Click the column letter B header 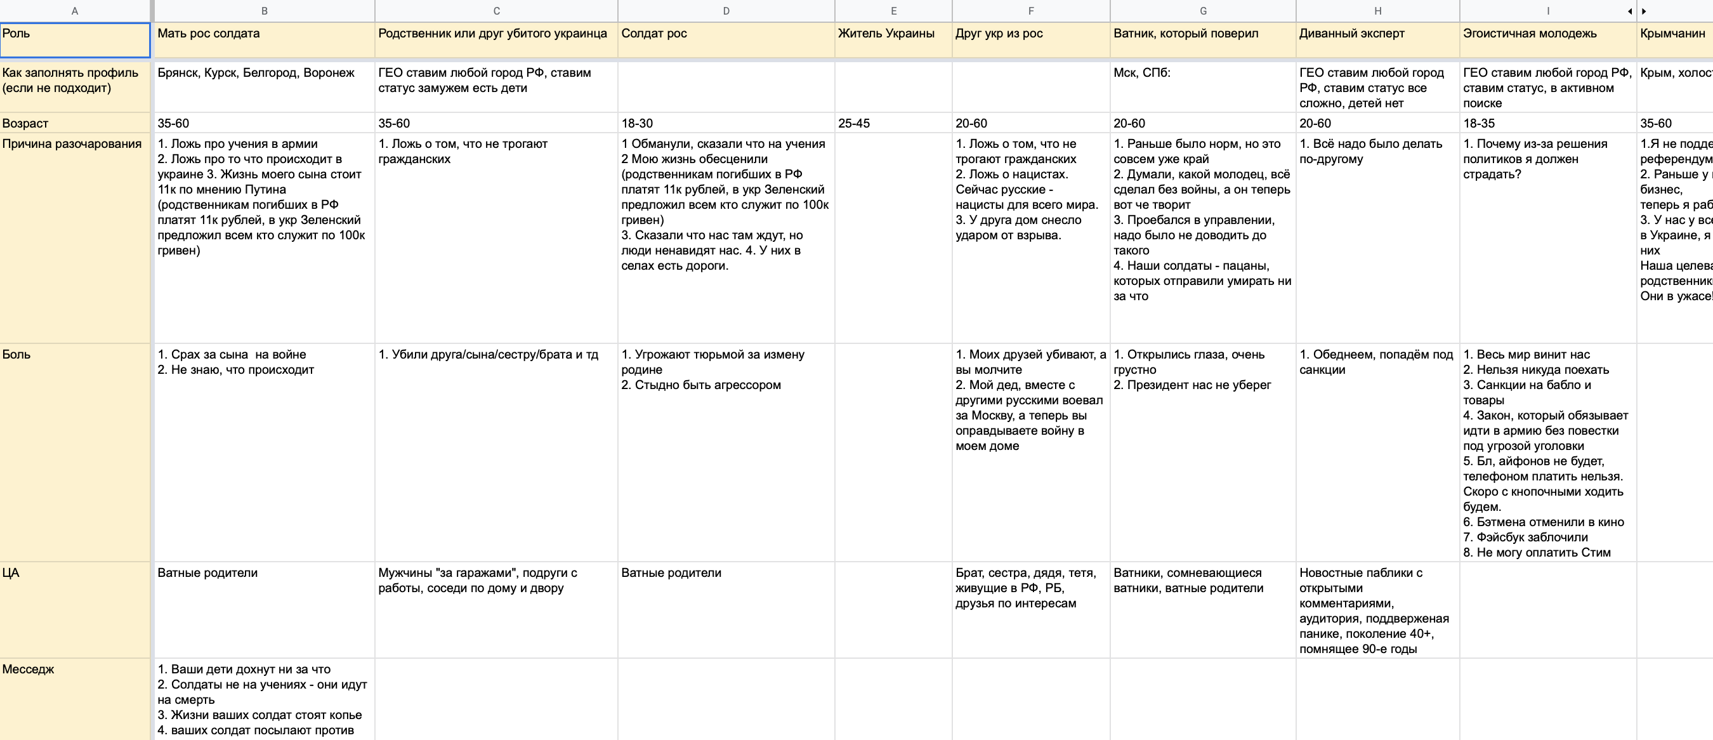[264, 11]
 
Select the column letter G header [1202, 11]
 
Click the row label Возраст [25, 123]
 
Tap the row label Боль [16, 355]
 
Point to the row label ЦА [11, 573]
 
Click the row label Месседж [28, 670]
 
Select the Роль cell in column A [74, 40]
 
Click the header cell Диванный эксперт [1352, 33]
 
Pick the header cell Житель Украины [886, 33]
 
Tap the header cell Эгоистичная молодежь [1530, 33]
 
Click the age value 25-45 [854, 123]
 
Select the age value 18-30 [637, 123]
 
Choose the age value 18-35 [1479, 123]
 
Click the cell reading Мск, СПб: [1142, 72]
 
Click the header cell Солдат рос [653, 33]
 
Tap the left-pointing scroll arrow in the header [1629, 11]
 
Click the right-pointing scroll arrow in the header [1644, 11]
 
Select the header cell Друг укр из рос [999, 33]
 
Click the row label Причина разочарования [72, 143]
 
